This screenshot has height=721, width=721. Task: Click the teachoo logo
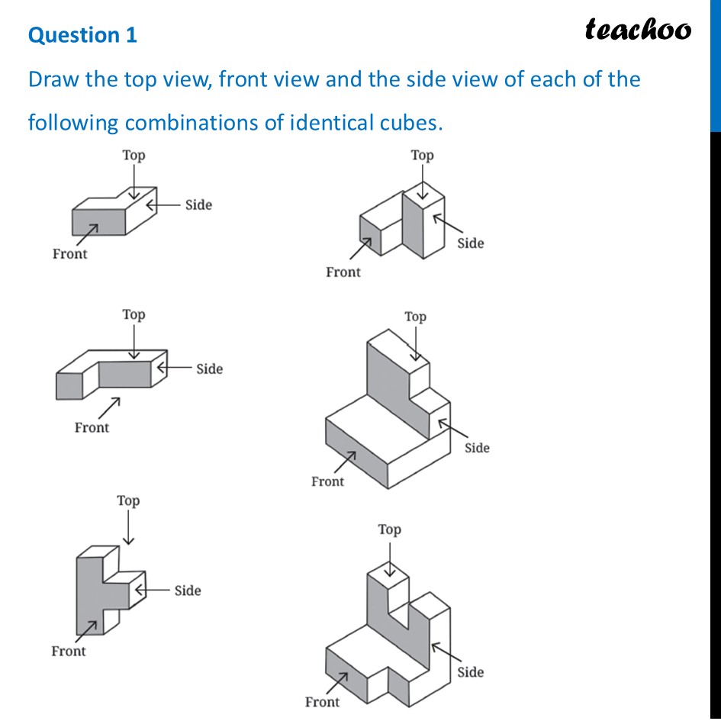pos(638,29)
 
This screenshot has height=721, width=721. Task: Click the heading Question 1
pos(82,35)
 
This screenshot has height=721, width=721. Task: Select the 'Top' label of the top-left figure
pos(134,156)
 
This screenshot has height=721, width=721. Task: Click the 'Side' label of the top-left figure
pos(198,204)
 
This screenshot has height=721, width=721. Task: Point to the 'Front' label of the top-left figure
pos(69,254)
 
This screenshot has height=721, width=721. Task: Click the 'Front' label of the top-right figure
pos(343,272)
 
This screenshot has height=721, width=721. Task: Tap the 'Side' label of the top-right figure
pos(470,243)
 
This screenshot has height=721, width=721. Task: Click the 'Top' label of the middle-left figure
pos(134,314)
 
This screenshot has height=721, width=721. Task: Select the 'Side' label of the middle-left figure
pos(209,369)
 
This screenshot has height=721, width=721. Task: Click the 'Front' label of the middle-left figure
pos(92,427)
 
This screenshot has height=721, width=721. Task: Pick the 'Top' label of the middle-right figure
pos(415,317)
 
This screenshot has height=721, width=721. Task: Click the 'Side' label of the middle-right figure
pos(477,448)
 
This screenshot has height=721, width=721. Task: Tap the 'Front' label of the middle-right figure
pos(327,481)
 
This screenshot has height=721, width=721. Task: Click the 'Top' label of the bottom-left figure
pos(128,501)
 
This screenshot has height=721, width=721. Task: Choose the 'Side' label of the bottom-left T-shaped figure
pos(188,591)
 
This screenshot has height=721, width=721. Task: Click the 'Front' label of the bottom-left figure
pos(68,651)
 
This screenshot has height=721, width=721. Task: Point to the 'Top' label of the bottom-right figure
pos(389,529)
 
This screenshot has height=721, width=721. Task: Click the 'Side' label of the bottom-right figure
pos(470,672)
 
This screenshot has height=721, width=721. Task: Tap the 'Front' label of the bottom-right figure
pos(322,702)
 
